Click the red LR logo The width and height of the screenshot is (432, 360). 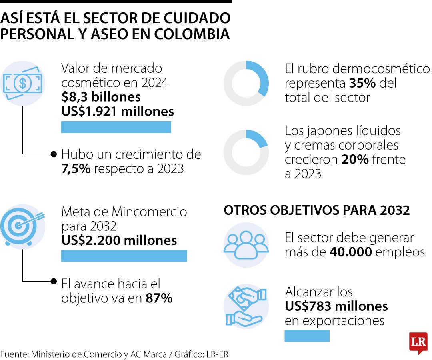point(418,342)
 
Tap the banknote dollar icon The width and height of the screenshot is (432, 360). point(23,83)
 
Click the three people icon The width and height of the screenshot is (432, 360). point(246,245)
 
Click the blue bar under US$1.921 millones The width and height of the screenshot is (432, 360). point(116,127)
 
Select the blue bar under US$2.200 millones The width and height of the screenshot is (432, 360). point(124,256)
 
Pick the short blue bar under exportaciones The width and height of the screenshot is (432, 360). point(307,336)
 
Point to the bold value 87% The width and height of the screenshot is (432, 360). point(159,298)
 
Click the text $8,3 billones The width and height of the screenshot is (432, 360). point(101,97)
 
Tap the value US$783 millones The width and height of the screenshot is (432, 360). point(336,306)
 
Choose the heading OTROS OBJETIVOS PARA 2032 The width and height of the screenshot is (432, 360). point(316,210)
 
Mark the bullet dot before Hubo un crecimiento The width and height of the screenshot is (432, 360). point(54,154)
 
